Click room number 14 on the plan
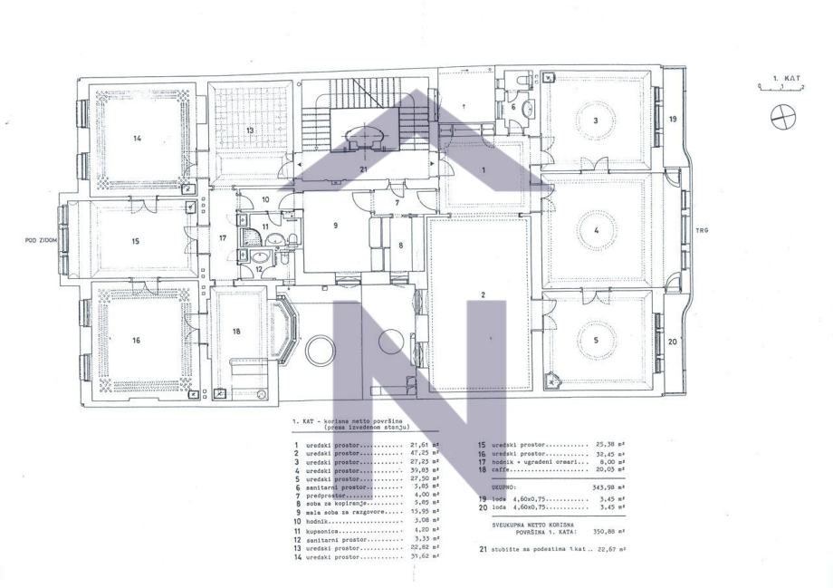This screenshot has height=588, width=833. click(x=138, y=138)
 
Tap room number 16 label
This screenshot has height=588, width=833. click(x=136, y=340)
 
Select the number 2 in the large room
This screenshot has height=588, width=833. click(x=483, y=295)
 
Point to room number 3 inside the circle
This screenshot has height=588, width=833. click(x=595, y=120)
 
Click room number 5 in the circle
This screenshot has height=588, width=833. click(x=595, y=340)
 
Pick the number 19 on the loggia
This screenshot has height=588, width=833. click(x=673, y=119)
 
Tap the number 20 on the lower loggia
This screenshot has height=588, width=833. click(x=672, y=342)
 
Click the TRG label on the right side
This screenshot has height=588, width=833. click(x=701, y=230)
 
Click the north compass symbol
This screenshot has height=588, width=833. click(x=780, y=114)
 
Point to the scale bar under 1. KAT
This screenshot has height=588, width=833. click(x=773, y=88)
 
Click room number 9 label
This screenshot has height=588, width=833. click(x=335, y=226)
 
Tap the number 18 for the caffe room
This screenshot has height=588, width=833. click(x=236, y=332)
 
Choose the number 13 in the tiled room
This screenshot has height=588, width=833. click(x=247, y=131)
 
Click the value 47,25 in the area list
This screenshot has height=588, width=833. click(x=419, y=454)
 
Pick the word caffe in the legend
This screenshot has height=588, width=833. click(x=503, y=470)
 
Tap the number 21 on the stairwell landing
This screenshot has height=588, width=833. click(x=363, y=169)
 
